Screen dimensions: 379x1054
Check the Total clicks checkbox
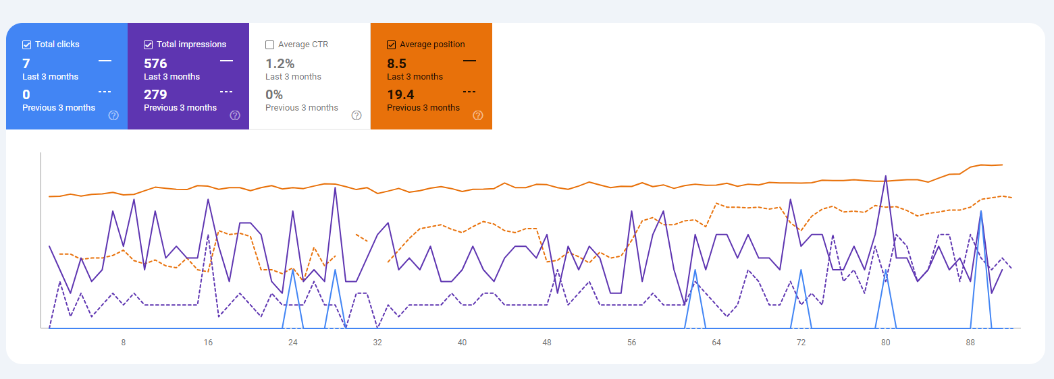click(27, 45)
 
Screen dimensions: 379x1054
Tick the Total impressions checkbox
click(149, 45)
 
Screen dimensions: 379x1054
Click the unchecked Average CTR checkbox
click(270, 45)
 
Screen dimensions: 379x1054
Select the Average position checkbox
click(391, 45)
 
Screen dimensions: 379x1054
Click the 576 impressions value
click(155, 64)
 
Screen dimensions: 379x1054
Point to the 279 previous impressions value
click(155, 95)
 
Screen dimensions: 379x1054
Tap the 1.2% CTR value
click(280, 64)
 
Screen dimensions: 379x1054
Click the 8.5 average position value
click(396, 64)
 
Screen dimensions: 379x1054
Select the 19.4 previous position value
click(400, 95)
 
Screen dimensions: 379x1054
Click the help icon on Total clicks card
click(113, 115)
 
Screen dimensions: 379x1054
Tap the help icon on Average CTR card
click(357, 115)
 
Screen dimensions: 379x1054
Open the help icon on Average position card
click(478, 115)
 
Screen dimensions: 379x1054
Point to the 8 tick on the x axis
click(123, 343)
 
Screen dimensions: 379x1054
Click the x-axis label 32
click(377, 343)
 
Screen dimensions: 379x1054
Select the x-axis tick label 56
click(631, 343)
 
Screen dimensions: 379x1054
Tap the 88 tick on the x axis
click(970, 343)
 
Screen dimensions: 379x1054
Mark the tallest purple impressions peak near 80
click(885, 177)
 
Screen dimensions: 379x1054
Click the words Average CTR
click(304, 45)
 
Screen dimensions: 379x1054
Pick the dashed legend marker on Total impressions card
click(226, 92)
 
